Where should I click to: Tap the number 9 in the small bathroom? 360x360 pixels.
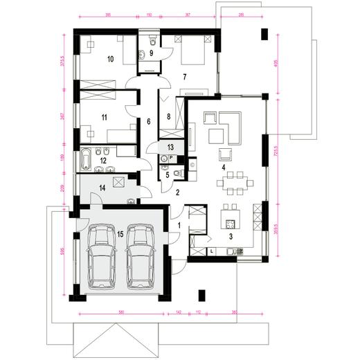coord(151,53)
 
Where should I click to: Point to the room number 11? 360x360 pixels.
coord(104,118)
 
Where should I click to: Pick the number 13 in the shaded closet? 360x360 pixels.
coord(171,147)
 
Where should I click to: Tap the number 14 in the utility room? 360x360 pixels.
coord(101,188)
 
